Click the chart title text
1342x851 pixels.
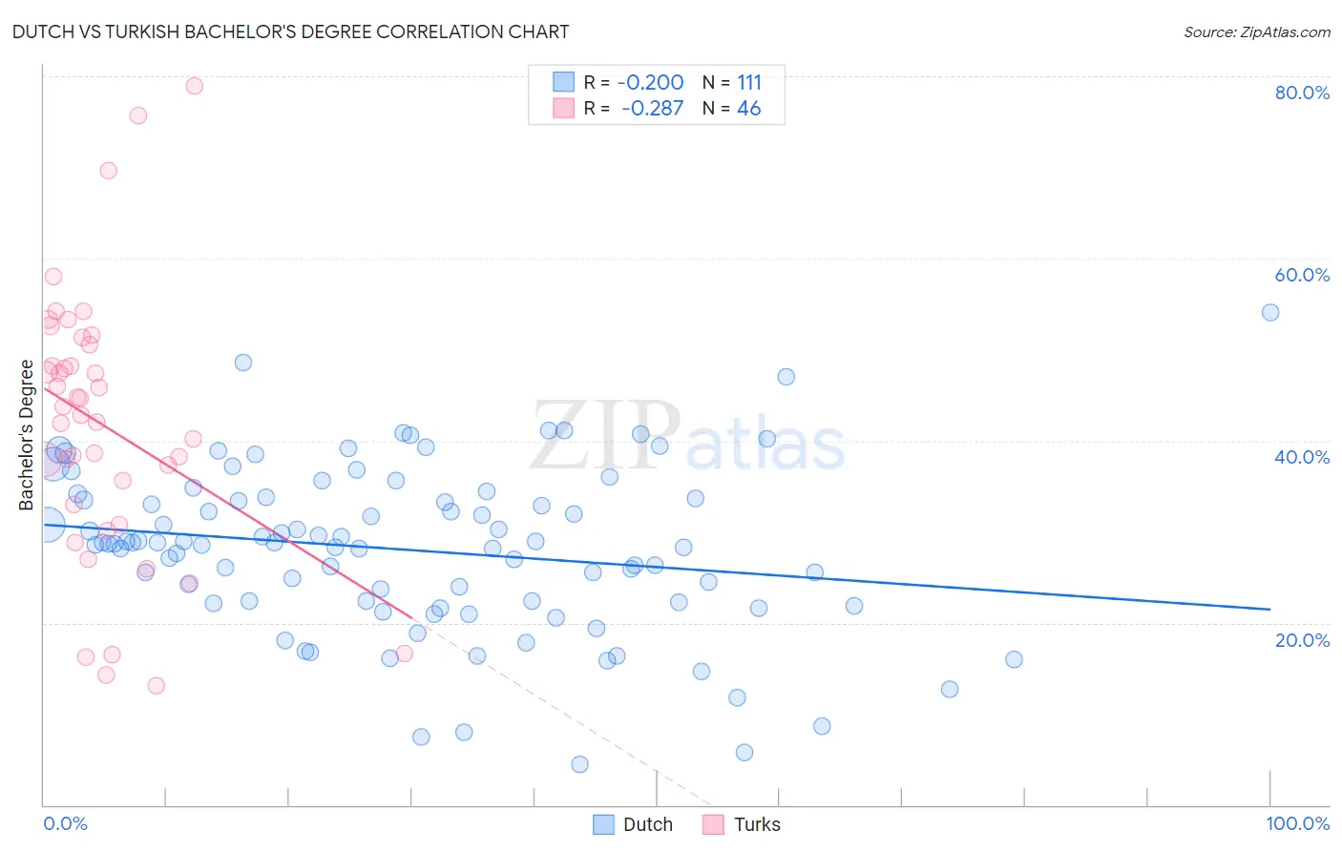coord(290,32)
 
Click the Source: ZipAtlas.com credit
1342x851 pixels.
coord(1256,32)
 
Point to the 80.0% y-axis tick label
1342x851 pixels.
coord(1302,93)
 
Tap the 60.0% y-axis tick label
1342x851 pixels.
coord(1302,275)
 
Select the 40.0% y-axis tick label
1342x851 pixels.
coord(1302,457)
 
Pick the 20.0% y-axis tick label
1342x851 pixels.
coord(1302,640)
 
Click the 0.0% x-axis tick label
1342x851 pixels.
coord(65,823)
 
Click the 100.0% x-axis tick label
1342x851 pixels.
coord(1297,823)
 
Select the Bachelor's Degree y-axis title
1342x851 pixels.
coord(27,435)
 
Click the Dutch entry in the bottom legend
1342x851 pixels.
coord(647,824)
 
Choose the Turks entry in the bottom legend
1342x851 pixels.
coord(756,824)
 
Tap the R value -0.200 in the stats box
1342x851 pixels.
coord(650,83)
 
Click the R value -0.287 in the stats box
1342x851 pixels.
coord(652,109)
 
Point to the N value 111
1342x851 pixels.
coord(749,83)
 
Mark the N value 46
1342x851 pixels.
coord(749,109)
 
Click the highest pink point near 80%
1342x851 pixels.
coord(194,86)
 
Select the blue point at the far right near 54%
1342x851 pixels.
coord(1270,313)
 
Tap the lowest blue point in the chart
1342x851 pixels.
coord(579,764)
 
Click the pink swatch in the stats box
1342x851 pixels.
coord(564,109)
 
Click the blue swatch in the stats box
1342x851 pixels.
coord(564,83)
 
